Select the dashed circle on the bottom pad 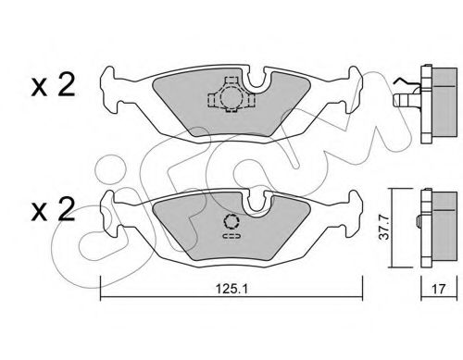coord(231,222)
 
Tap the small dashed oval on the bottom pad coord(231,238)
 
